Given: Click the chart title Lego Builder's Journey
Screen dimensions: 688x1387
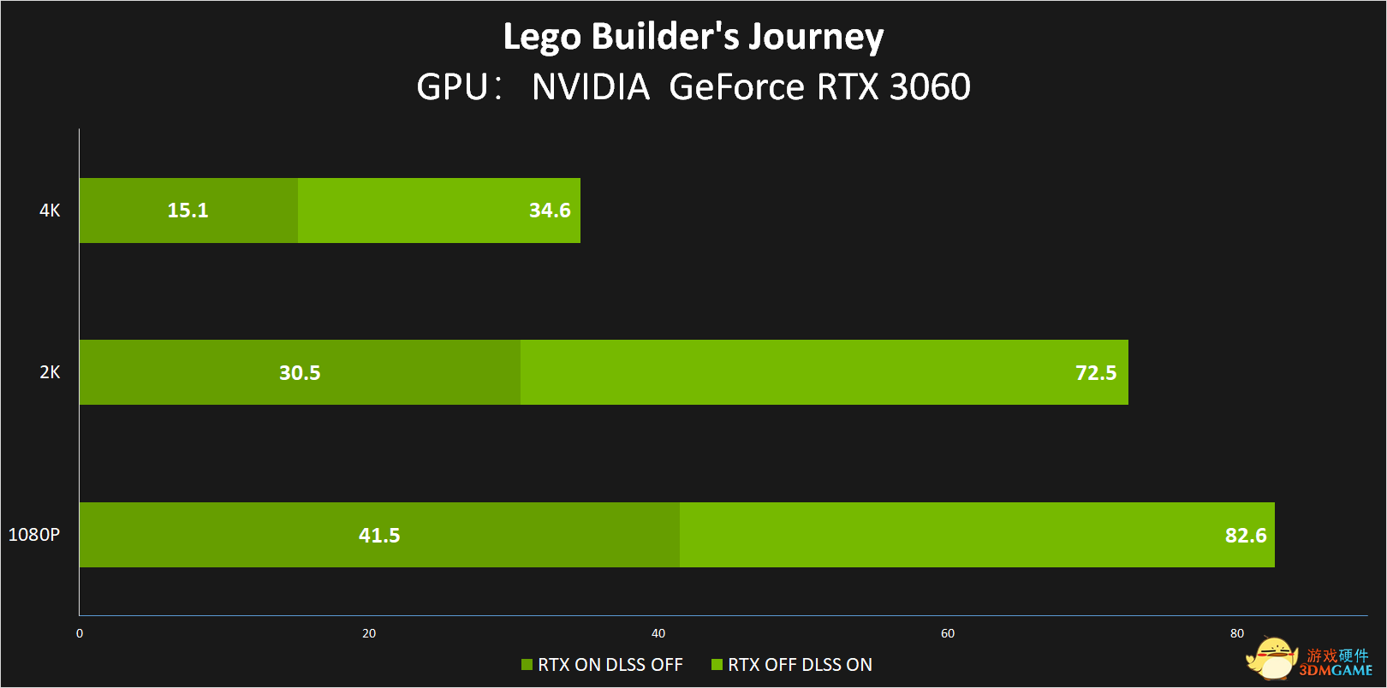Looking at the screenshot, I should [693, 37].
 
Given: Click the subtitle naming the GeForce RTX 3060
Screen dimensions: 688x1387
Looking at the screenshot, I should [693, 86].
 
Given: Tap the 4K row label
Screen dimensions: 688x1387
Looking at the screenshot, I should [50, 211].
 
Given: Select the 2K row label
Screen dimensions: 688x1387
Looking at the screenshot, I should [50, 372].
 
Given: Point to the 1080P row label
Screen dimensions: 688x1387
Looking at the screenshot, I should [34, 535].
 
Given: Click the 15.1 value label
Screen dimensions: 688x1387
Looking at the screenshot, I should [188, 211].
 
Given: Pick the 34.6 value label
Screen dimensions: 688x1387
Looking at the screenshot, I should [550, 211].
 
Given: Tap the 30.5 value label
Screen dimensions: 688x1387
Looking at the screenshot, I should [300, 373].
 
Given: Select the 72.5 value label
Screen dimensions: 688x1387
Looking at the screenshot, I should [1096, 373].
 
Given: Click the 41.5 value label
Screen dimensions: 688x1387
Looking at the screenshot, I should [379, 536].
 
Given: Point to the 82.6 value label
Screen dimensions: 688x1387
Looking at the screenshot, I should [1246, 536].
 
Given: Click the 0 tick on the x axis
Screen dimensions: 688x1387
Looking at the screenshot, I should [80, 634].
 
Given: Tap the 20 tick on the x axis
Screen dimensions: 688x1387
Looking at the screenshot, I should [369, 634].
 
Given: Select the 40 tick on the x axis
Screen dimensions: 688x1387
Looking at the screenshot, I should [658, 634].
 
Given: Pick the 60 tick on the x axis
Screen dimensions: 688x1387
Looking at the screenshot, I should [948, 634].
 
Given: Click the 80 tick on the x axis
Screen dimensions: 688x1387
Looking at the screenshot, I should [1237, 634].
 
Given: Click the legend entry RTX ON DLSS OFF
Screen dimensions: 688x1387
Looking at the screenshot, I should [603, 665].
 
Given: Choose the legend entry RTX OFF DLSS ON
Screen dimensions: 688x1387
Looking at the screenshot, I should [793, 665].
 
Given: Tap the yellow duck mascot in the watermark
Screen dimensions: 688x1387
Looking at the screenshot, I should [1272, 658].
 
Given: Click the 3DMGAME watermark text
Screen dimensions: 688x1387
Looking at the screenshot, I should [1336, 671].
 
